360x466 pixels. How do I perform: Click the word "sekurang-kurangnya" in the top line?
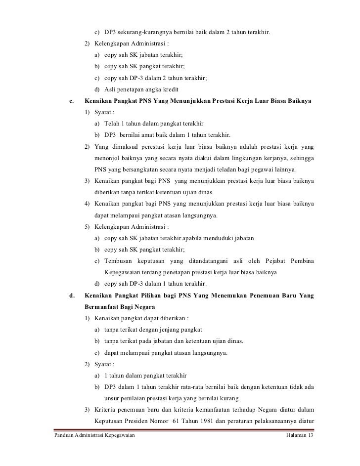click(x=144, y=33)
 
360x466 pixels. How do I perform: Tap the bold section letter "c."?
click(x=71, y=101)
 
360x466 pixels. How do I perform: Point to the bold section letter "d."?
click(x=72, y=296)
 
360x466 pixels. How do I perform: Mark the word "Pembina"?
click(x=304, y=261)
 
